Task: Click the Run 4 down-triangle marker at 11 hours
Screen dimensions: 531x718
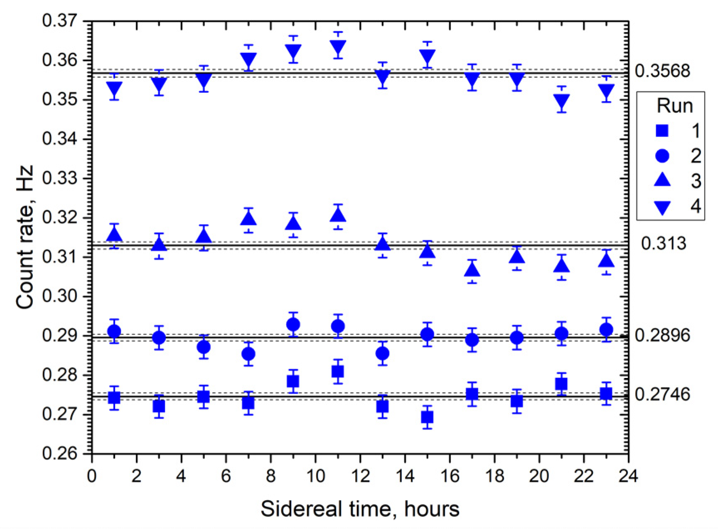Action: pyautogui.click(x=338, y=47)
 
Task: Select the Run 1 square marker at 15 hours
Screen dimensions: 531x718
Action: pyautogui.click(x=427, y=417)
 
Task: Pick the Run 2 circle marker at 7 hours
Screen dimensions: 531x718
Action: pyautogui.click(x=248, y=354)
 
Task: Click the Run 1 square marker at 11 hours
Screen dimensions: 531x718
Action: pyautogui.click(x=338, y=371)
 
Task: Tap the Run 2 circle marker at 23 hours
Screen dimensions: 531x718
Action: pyautogui.click(x=606, y=330)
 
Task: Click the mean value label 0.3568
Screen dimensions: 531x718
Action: pyautogui.click(x=662, y=71)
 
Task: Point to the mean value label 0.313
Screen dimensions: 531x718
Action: pyautogui.click(x=663, y=243)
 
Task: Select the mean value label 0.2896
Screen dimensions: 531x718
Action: pyautogui.click(x=662, y=335)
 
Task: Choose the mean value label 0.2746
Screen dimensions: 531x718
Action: pyautogui.click(x=662, y=394)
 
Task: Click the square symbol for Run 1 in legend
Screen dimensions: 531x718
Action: pyautogui.click(x=662, y=131)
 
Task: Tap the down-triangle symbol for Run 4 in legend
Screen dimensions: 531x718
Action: pyautogui.click(x=662, y=207)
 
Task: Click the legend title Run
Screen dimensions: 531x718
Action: pyautogui.click(x=675, y=106)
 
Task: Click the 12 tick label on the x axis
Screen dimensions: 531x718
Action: pyautogui.click(x=360, y=476)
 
